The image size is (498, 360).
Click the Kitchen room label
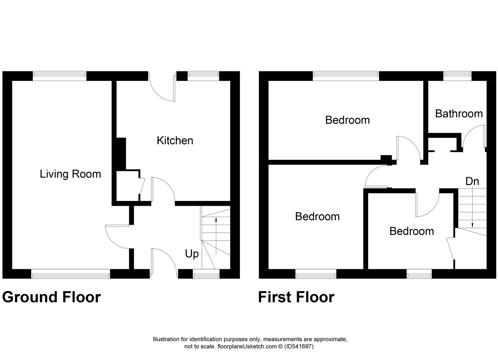(175, 141)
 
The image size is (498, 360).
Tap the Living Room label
(71, 174)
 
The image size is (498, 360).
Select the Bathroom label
(459, 114)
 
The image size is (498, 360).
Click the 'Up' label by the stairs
(192, 254)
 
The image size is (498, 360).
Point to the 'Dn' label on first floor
(472, 182)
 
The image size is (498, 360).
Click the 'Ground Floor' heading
(52, 297)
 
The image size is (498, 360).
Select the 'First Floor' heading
(296, 297)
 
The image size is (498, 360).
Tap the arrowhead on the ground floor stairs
(216, 220)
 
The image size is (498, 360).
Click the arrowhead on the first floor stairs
(472, 226)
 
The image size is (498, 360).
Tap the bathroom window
(457, 76)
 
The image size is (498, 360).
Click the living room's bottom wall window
(71, 276)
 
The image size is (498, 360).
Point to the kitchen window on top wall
(204, 76)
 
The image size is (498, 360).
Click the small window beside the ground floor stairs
(206, 276)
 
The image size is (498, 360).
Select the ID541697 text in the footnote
(299, 346)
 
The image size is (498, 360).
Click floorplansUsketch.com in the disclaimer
(247, 346)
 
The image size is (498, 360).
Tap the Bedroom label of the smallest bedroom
(412, 231)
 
